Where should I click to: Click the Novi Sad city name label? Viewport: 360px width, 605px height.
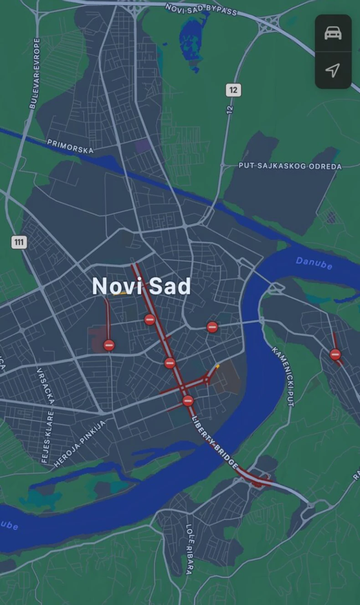141,286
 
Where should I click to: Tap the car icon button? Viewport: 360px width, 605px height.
333,33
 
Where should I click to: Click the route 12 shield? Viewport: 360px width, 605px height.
233,90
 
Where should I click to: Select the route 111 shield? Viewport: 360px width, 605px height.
19,242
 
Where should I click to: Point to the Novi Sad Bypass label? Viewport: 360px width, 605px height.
201,9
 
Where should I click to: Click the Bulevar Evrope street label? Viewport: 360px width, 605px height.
34,73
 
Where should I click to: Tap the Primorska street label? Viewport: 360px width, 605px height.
70,146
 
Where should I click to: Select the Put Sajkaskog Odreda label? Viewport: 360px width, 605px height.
290,166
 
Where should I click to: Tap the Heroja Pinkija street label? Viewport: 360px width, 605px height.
80,444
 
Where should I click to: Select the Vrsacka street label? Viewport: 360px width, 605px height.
46,386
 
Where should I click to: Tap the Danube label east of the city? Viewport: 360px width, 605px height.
314,263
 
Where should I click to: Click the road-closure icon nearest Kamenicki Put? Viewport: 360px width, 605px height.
335,354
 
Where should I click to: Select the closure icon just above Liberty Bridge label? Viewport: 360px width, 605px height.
188,401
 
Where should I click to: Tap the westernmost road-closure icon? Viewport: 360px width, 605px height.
109,345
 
